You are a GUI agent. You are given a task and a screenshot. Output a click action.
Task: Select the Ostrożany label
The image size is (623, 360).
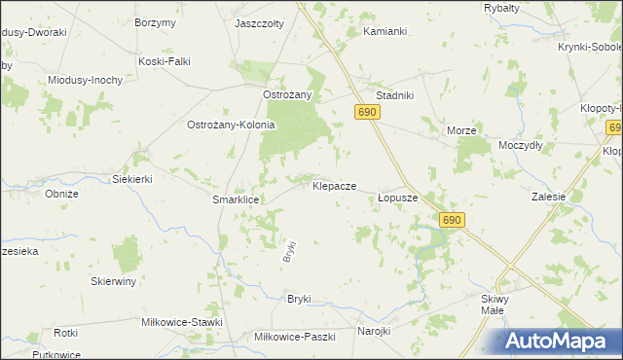287,94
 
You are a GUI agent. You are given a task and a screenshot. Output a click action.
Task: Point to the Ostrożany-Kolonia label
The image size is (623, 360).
232,125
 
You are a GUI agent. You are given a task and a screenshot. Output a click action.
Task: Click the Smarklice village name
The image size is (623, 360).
235,198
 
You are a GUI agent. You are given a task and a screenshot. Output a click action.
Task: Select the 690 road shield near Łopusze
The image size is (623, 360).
451,221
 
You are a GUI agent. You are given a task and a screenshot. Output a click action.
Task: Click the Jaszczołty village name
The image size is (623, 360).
258,21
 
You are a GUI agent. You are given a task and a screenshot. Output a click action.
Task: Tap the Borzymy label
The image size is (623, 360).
156,21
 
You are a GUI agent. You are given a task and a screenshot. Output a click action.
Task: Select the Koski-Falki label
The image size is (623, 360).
164,61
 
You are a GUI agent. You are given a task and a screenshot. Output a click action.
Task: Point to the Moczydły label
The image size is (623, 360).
520,144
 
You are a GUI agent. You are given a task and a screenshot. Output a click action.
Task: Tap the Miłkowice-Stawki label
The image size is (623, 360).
182,322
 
